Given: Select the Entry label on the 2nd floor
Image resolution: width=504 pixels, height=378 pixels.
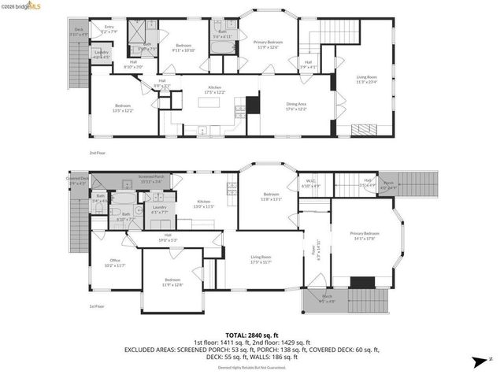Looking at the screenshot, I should pos(109,31).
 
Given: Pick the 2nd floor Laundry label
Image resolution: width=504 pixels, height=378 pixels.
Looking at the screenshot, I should pos(101,55).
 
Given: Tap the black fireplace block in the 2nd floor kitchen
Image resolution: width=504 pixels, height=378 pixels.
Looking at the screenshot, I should pos(253,106).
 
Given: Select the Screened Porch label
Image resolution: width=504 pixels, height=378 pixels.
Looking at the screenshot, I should pos(150,179).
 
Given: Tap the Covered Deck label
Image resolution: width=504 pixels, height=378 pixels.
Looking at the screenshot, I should pos(77,181).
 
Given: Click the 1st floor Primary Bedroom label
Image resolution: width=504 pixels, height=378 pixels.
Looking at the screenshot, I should pos(365,235).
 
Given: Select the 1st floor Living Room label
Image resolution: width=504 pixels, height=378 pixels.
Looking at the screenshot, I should pos(261,258).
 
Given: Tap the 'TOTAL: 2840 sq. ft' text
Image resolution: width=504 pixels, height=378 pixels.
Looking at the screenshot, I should pos(252,335).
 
